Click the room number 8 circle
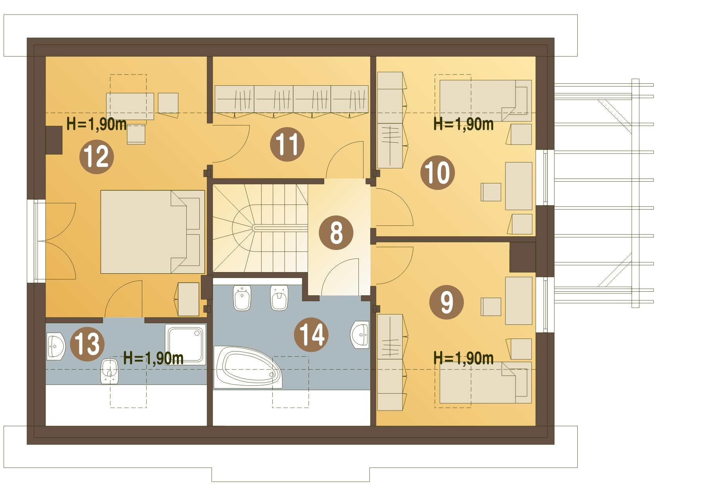(x=336, y=232)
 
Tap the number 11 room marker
(x=287, y=144)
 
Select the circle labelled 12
(x=97, y=157)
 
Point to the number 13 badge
(x=87, y=344)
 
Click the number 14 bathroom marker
(x=311, y=335)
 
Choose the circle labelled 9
(x=446, y=302)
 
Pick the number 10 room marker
(x=437, y=173)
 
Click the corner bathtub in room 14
(x=248, y=367)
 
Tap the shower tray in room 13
(x=185, y=344)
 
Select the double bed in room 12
(x=152, y=232)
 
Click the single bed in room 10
(x=485, y=101)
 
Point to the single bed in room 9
(x=485, y=383)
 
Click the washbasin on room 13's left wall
(x=56, y=346)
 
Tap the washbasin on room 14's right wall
(x=360, y=335)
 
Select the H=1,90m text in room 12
(x=97, y=124)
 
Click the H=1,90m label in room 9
(x=464, y=358)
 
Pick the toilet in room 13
(x=110, y=371)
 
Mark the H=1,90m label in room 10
(x=464, y=124)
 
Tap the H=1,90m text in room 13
(x=153, y=358)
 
